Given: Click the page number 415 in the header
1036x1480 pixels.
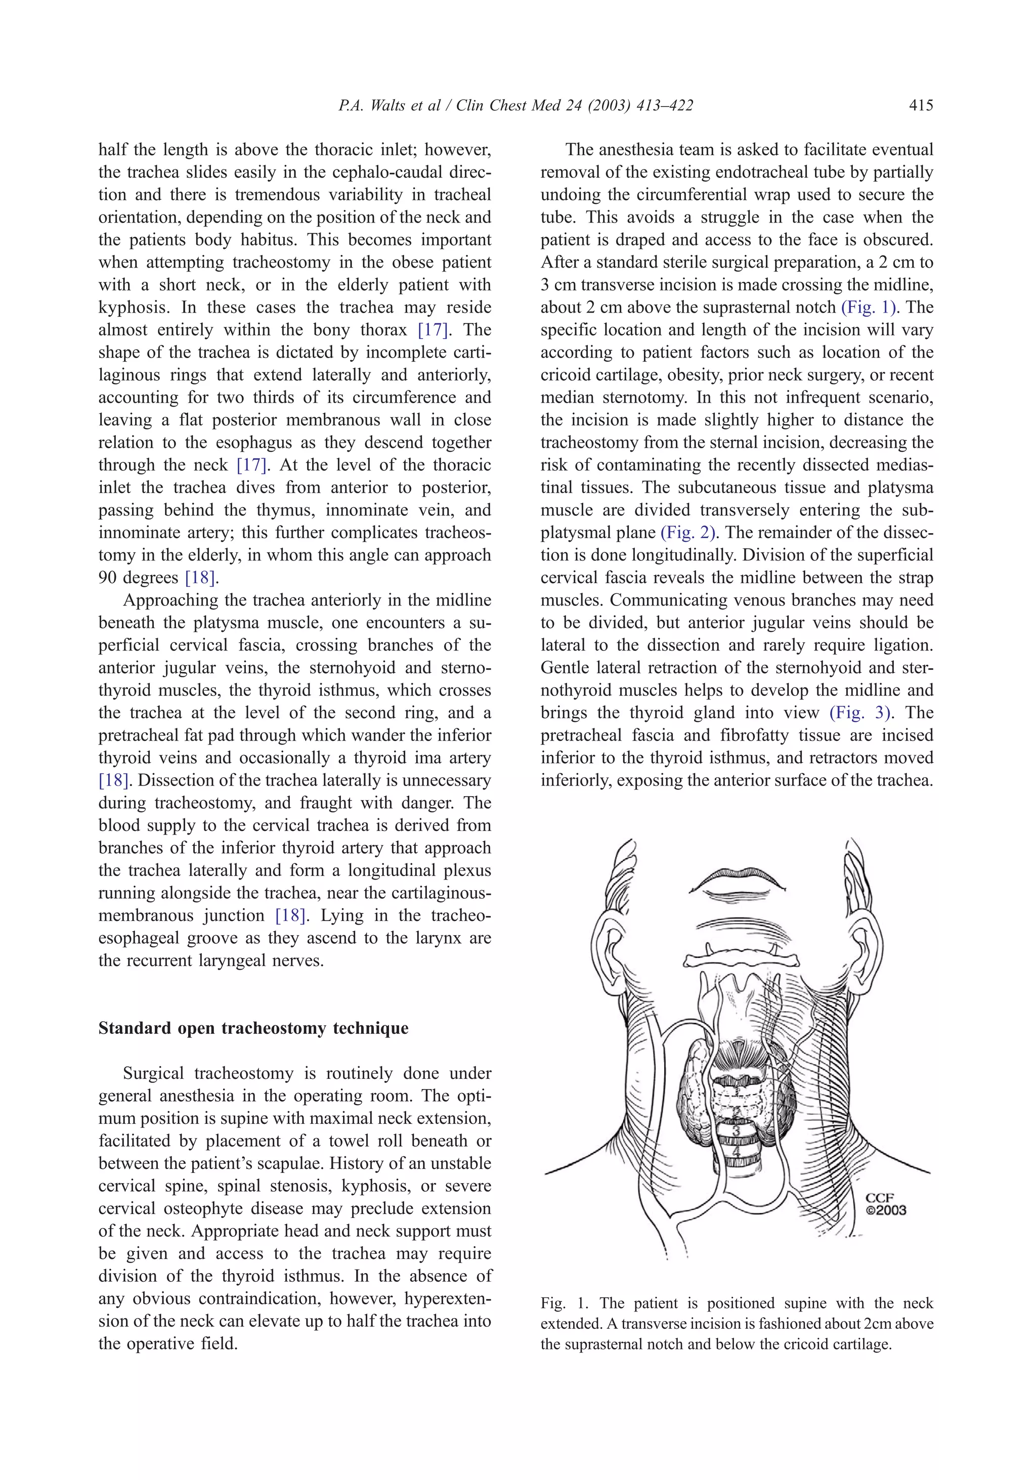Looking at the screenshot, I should click(921, 105).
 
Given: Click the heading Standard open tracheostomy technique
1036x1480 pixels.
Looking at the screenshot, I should click(253, 1028).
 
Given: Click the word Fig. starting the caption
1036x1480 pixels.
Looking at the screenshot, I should click(552, 1303).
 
